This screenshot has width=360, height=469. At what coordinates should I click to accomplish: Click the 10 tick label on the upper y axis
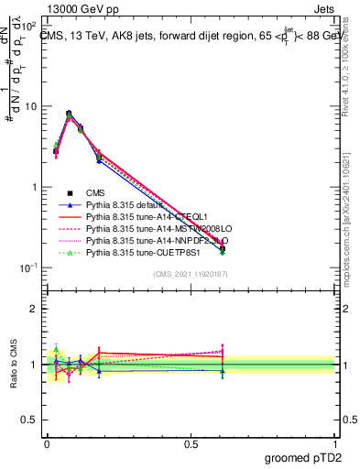(33, 106)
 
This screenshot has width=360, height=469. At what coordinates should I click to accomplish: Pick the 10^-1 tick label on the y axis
(30, 267)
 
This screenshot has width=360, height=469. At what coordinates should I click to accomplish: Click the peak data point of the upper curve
(70, 114)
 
